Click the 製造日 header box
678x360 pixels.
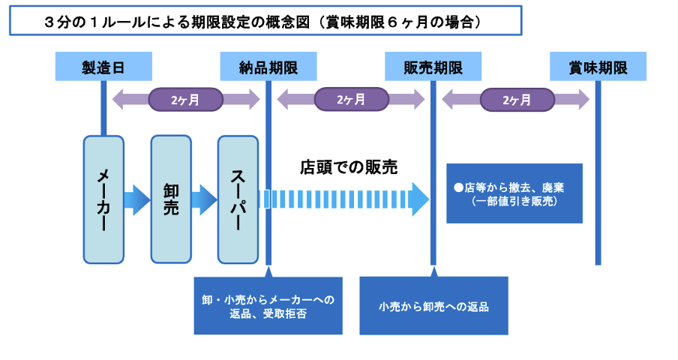[103, 67]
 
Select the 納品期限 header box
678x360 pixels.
[268, 67]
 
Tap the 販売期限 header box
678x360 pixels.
[433, 67]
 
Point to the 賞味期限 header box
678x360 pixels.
[598, 67]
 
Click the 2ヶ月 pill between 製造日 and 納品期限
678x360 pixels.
[185, 100]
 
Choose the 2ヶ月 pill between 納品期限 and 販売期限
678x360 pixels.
[351, 100]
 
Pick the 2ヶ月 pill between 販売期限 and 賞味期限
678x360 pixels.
[517, 100]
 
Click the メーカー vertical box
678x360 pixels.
[103, 199]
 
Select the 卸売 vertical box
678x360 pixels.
[171, 199]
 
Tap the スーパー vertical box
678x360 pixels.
[238, 199]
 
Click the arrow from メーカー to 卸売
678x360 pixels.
[137, 200]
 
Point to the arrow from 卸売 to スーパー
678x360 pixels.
[204, 200]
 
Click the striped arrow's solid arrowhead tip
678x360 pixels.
[429, 199]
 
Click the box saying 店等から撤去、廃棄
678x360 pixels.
[514, 193]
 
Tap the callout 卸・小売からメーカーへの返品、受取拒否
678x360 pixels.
[268, 305]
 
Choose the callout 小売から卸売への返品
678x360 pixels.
[433, 305]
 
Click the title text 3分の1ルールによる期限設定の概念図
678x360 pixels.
[177, 22]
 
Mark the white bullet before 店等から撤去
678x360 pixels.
[459, 188]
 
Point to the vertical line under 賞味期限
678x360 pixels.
[598, 172]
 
